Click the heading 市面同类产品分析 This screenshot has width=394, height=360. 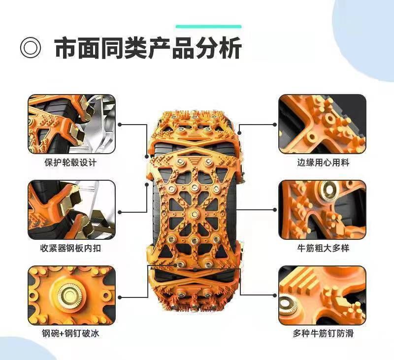coord(148,48)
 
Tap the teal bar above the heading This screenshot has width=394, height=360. coord(208,27)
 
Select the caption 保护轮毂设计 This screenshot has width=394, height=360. coord(70,163)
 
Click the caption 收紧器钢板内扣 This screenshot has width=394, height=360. coord(70,248)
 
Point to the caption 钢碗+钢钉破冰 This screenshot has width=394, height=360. coord(70,333)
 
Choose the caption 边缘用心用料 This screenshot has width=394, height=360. coord(323,163)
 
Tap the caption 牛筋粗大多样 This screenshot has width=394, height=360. coord(323,248)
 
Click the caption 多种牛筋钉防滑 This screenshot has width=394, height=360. coord(323,333)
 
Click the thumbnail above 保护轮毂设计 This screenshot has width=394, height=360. coord(71,124)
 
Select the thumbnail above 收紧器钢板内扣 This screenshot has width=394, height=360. coord(71,210)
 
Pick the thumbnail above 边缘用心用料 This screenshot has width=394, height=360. coord(323,124)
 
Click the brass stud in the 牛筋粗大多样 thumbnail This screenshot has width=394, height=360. coord(328,189)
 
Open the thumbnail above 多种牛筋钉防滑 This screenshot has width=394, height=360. coord(323,295)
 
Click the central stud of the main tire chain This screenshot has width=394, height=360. coord(194,214)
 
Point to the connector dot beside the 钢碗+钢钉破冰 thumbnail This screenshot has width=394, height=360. coord(120,297)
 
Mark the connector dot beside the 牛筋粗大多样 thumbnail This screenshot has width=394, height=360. coord(275,209)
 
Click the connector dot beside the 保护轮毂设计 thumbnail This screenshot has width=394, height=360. coord(120,125)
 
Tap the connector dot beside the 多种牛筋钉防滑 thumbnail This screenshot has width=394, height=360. coord(275,295)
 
